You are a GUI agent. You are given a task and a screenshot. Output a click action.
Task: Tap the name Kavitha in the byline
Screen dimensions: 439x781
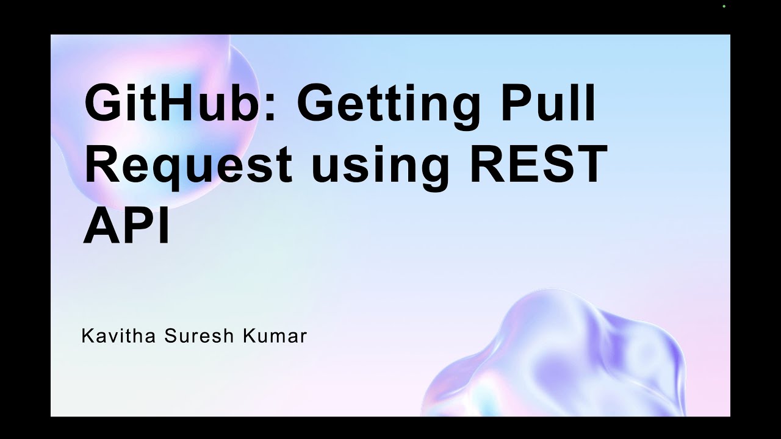[x=119, y=336]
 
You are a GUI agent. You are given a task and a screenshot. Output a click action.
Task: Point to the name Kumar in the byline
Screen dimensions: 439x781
[x=275, y=336]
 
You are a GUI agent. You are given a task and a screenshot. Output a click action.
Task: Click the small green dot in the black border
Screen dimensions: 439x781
[x=724, y=6]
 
